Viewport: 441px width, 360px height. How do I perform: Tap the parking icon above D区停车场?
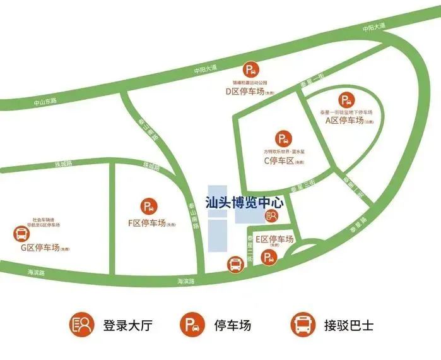click(251, 71)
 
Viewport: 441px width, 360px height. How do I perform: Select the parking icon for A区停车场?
click(346, 100)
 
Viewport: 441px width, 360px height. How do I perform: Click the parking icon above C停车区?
click(283, 138)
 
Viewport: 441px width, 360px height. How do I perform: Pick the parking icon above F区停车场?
click(150, 205)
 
